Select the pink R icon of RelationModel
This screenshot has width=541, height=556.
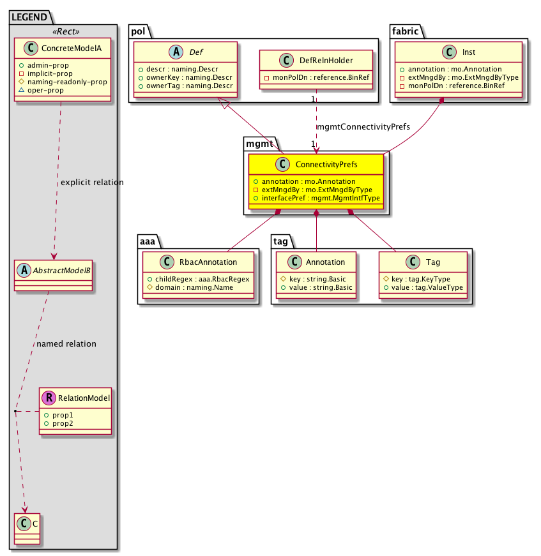[49, 398]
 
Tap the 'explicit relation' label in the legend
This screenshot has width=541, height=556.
[92, 183]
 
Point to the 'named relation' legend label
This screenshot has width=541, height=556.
[66, 344]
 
